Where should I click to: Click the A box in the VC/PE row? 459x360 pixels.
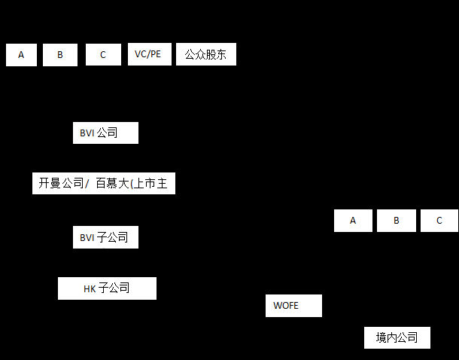pyautogui.click(x=21, y=55)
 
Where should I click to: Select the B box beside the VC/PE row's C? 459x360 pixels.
pyautogui.click(x=60, y=55)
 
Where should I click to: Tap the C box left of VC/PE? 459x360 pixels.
pyautogui.click(x=103, y=55)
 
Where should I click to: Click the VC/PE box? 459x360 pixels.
pyautogui.click(x=149, y=54)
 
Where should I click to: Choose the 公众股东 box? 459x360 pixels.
pyautogui.click(x=205, y=55)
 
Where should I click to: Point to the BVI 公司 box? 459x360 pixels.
pyautogui.click(x=105, y=133)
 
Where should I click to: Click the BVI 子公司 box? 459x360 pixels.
pyautogui.click(x=105, y=237)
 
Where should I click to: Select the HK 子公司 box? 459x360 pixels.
pyautogui.click(x=107, y=288)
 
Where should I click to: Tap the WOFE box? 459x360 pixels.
pyautogui.click(x=293, y=306)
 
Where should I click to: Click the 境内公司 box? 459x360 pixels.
pyautogui.click(x=397, y=337)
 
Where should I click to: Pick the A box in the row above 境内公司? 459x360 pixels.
pyautogui.click(x=353, y=221)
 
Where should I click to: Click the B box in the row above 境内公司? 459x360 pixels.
pyautogui.click(x=396, y=221)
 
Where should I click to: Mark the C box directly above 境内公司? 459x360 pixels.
pyautogui.click(x=439, y=221)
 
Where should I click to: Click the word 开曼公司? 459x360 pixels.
pyautogui.click(x=62, y=183)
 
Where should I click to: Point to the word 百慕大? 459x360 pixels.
pyautogui.click(x=113, y=183)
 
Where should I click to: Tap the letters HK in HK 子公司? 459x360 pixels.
pyautogui.click(x=90, y=288)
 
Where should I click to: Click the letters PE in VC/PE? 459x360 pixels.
pyautogui.click(x=156, y=54)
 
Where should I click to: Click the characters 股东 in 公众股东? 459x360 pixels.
pyautogui.click(x=217, y=55)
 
